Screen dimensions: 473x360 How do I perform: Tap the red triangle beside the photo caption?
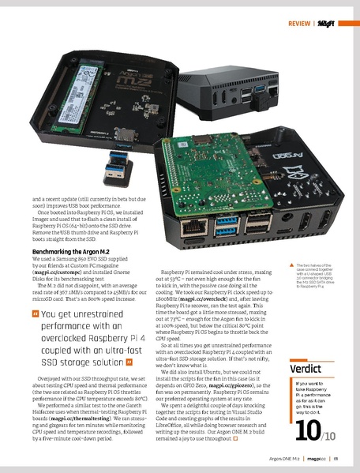(291, 265)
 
